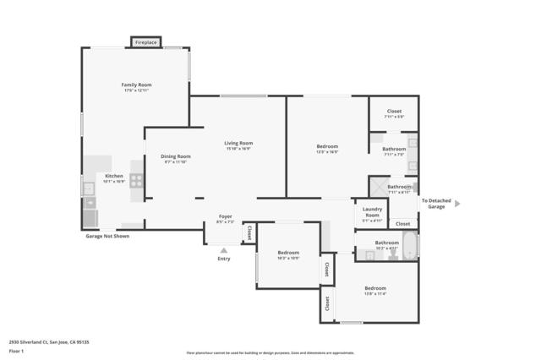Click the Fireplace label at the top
tap(146, 42)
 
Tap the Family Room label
tap(136, 85)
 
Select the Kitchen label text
tap(114, 176)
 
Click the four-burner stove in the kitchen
tap(137, 181)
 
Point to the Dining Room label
tap(176, 155)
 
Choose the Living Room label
tap(238, 143)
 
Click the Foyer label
tap(226, 216)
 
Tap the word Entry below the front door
tap(223, 259)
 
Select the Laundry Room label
tap(372, 212)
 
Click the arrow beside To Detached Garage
tap(457, 204)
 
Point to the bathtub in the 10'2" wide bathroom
tap(410, 247)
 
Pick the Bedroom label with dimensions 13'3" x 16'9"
tap(327, 147)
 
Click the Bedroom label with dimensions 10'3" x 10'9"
tap(288, 253)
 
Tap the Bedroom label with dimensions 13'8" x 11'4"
tap(375, 288)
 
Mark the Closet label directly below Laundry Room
tap(402, 224)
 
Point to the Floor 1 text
tap(17, 350)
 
